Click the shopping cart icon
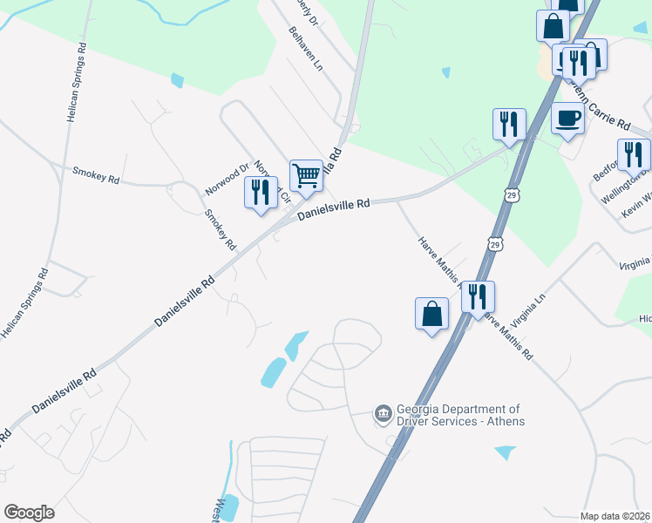pos(306,176)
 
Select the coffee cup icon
pos(567,118)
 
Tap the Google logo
pos(29,513)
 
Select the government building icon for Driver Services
pos(382,412)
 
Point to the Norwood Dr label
pos(228,178)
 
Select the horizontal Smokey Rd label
pos(96,176)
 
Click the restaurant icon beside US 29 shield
pos(477,297)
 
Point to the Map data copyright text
pos(615,516)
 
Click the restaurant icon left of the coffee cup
pos(508,124)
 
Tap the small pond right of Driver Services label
pos(504,452)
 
